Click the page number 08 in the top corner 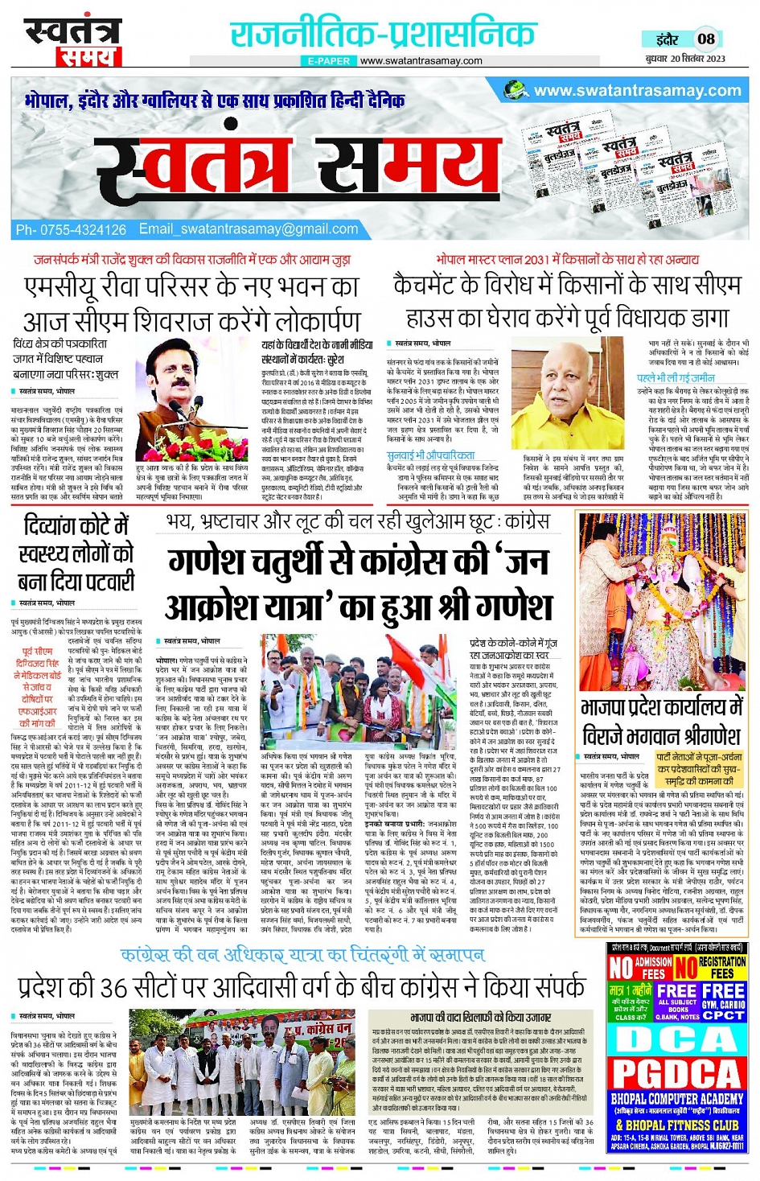pos(705,38)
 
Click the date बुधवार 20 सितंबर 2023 pos(685,58)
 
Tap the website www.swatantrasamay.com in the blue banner pos(637,91)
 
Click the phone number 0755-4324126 pos(80,230)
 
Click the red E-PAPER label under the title pos(328,61)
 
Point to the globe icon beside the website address pos(516,91)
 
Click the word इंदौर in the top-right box pos(667,39)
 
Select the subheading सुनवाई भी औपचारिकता pos(430,455)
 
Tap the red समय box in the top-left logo pos(88,56)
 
